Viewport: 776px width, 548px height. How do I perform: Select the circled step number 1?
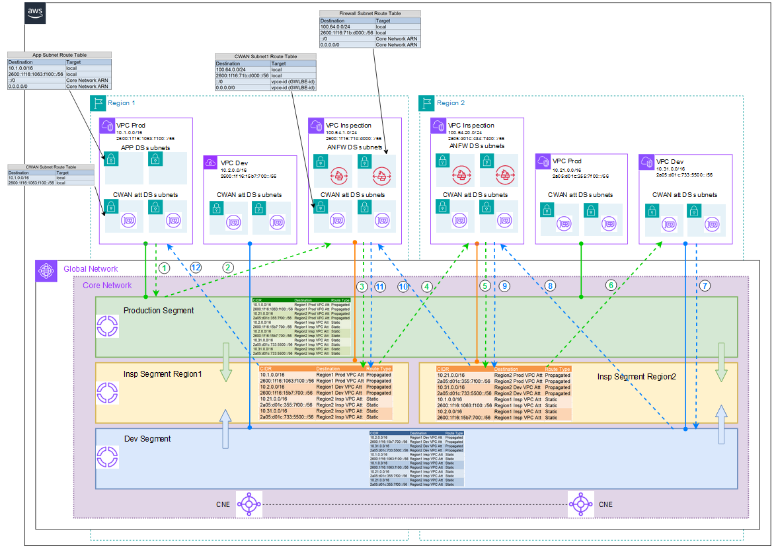pyautogui.click(x=165, y=268)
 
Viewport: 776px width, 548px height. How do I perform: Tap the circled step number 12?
pyautogui.click(x=195, y=268)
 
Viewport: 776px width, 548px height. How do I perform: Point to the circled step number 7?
pyautogui.click(x=705, y=286)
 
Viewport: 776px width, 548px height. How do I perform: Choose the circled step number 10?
pyautogui.click(x=403, y=286)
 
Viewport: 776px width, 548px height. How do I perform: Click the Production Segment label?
pyautogui.click(x=159, y=311)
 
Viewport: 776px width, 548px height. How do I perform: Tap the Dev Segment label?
pyautogui.click(x=147, y=439)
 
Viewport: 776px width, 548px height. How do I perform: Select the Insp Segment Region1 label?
pyautogui.click(x=163, y=374)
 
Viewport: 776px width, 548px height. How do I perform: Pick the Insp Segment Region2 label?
pyautogui.click(x=637, y=376)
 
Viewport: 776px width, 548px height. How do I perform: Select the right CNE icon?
pyautogui.click(x=581, y=504)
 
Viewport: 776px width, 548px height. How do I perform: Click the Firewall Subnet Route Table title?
pyautogui.click(x=369, y=13)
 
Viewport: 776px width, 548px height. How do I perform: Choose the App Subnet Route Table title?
pyautogui.click(x=59, y=56)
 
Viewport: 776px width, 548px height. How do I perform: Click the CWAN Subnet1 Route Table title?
pyautogui.click(x=266, y=57)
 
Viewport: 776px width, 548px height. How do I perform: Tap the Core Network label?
pyautogui.click(x=106, y=286)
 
